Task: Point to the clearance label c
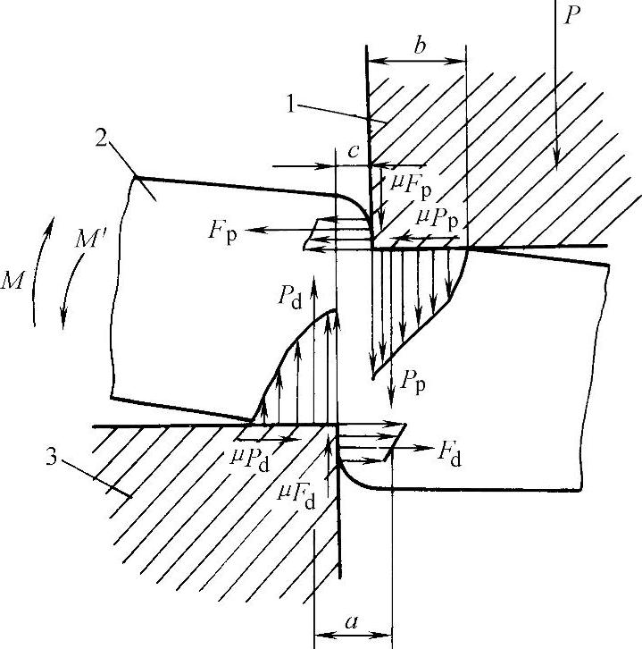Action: point(354,153)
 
